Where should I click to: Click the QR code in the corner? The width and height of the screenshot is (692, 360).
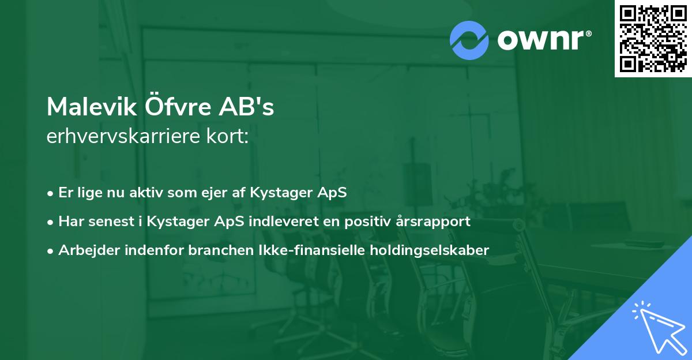653,39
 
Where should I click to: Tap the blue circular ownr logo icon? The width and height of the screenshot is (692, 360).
469,40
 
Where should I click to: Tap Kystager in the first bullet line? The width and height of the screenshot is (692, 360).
280,193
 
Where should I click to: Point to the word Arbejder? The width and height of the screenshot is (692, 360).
85,250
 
